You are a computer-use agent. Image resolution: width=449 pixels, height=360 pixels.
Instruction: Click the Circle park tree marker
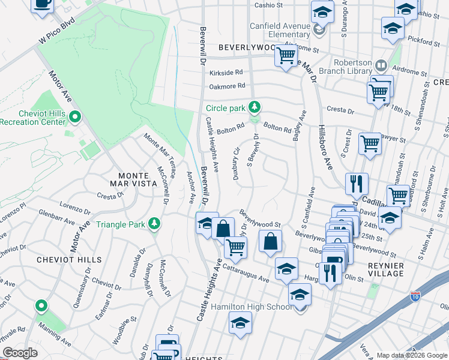tap(255, 107)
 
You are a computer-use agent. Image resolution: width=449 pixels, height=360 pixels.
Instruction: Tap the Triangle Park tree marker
tap(155, 224)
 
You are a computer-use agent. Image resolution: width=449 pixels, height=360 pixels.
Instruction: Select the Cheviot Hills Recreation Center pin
tap(75, 115)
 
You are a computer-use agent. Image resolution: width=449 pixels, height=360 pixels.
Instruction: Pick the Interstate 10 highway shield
tap(415, 296)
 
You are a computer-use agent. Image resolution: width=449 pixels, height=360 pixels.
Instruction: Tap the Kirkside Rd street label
tap(226, 72)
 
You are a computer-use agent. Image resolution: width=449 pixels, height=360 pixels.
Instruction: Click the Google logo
tap(20, 353)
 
